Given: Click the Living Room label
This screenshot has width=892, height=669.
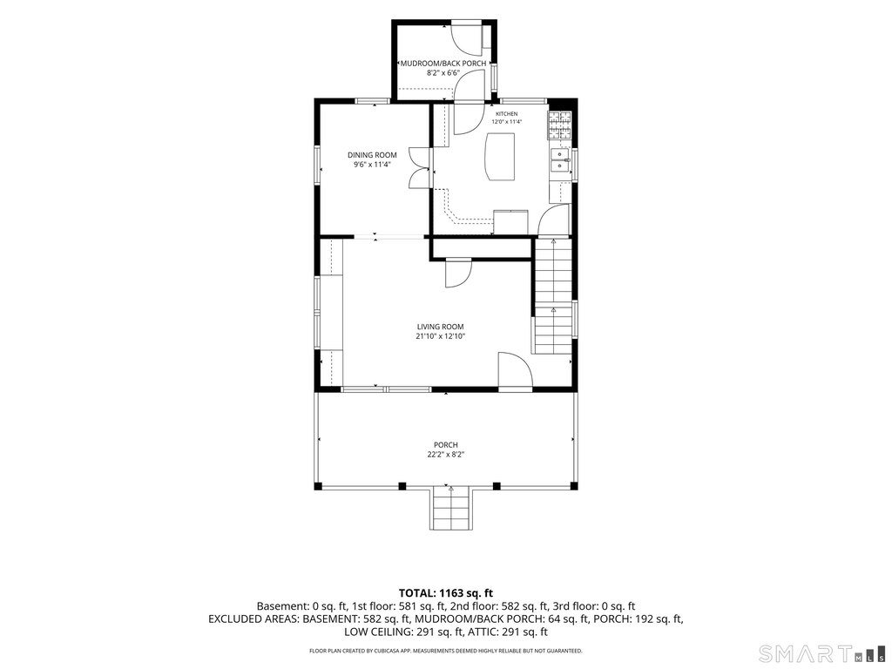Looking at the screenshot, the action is (x=440, y=327).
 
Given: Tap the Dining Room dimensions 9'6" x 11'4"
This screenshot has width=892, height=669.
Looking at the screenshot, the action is (x=373, y=165).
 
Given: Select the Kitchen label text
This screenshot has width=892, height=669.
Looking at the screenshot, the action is (x=506, y=114).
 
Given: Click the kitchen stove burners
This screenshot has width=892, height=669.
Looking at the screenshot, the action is (x=558, y=125).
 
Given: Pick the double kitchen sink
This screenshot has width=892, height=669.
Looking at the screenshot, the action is (x=560, y=160).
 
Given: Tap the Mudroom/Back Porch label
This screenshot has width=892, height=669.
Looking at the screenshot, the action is (x=443, y=63).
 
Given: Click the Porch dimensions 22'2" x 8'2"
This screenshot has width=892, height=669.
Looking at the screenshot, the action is (x=445, y=454).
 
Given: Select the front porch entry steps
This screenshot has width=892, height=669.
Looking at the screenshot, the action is (x=451, y=508).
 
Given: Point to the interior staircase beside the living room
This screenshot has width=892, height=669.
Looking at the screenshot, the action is (x=553, y=296).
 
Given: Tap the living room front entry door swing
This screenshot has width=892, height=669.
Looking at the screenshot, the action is (x=515, y=369).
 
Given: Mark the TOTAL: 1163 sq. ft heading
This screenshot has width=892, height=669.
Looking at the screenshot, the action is (x=445, y=593).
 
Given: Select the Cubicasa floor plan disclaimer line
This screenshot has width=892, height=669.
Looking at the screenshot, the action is (x=445, y=650).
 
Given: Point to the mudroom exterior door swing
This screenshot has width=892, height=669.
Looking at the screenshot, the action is (x=467, y=38).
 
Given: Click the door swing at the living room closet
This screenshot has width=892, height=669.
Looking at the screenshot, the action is (x=458, y=274).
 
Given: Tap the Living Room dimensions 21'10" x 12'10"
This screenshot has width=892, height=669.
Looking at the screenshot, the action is (x=440, y=336).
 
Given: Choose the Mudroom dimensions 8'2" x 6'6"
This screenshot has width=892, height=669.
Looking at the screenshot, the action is (x=443, y=73).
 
